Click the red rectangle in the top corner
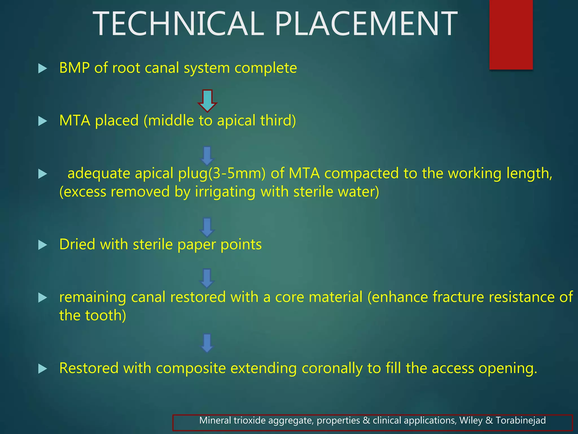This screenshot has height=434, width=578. point(511,34)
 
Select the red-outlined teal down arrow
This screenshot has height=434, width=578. point(207,101)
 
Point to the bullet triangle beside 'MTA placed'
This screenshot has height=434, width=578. point(42,121)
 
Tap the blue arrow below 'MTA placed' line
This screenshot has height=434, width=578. point(207,156)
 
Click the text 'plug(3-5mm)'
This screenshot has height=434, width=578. point(222,173)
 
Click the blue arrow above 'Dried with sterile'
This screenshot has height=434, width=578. point(207,227)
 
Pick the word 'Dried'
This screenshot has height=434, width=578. point(77,244)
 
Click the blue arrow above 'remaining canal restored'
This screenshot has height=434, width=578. point(207,278)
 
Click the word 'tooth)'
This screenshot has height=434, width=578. point(106,315)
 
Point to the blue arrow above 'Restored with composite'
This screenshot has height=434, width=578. point(207,343)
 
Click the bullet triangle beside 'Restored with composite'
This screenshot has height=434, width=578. point(42,369)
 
